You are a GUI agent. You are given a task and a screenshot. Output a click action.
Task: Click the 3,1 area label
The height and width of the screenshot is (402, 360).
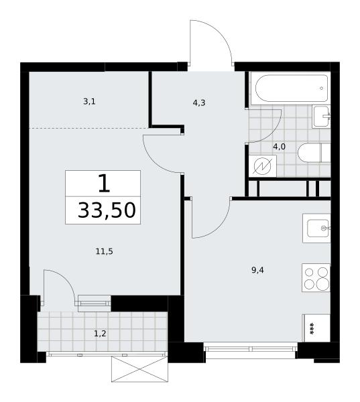(89, 102)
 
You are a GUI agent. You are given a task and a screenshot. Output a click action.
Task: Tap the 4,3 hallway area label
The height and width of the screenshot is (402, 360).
(199, 103)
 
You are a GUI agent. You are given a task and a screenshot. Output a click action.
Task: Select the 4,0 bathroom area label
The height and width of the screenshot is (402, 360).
(279, 147)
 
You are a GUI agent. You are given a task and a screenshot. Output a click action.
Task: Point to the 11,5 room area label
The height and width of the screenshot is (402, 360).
(104, 251)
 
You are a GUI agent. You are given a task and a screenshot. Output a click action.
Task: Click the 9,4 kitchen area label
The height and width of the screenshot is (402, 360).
(257, 270)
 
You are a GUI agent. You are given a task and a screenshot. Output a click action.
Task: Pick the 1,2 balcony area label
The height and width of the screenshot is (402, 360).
(100, 334)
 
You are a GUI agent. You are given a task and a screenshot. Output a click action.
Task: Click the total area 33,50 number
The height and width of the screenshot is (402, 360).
(107, 210)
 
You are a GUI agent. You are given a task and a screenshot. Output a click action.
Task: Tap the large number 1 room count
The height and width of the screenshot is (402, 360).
(104, 183)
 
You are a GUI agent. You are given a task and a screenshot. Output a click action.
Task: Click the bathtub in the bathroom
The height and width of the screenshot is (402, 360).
(290, 88)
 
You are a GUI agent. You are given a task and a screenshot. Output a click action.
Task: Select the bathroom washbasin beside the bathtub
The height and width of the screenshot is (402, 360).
(321, 117)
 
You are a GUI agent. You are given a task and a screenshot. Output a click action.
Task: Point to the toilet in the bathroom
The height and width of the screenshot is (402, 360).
(314, 153)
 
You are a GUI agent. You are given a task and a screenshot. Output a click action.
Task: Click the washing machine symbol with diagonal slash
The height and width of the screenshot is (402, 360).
(263, 166)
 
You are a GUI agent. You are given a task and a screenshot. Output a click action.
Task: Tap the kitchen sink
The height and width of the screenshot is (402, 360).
(316, 228)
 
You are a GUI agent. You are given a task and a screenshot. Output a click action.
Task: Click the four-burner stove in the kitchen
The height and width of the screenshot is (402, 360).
(316, 277)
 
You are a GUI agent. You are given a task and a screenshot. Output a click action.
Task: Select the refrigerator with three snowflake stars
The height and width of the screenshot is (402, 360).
(316, 328)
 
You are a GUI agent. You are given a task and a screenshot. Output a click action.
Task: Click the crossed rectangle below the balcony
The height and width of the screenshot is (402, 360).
(139, 369)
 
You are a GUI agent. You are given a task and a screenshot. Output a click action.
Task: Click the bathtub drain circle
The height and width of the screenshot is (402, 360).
(321, 88)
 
